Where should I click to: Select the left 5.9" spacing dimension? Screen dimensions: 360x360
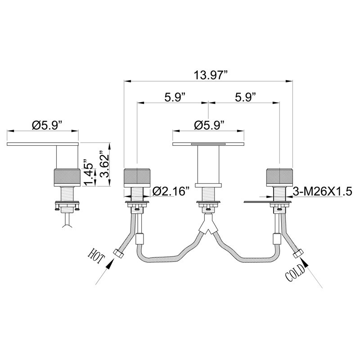(x=175, y=98)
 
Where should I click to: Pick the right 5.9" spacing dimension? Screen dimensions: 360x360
(x=245, y=98)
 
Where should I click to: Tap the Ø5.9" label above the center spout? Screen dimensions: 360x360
(x=209, y=126)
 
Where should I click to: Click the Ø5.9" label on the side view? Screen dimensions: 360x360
(x=47, y=126)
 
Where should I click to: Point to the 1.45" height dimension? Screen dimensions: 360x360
(x=88, y=172)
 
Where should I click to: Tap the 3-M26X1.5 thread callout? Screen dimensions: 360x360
(x=322, y=191)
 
